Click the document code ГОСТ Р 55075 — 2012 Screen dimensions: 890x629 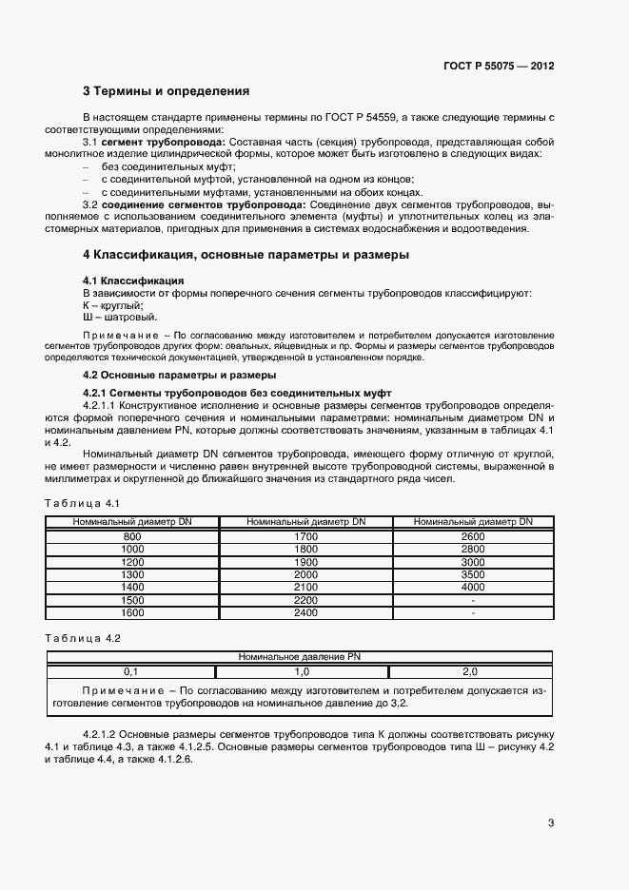(498, 67)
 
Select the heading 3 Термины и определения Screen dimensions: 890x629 (167, 92)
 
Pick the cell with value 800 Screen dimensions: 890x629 (132, 537)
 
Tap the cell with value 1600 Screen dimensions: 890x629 (132, 611)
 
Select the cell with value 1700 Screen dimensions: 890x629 (305, 537)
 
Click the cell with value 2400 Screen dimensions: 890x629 (305, 611)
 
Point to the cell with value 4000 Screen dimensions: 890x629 (473, 587)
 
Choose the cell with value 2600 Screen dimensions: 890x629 (473, 537)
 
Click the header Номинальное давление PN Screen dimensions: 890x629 (298, 657)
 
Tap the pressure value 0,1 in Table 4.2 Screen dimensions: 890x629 (131, 671)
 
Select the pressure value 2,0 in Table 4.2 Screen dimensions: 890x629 (469, 671)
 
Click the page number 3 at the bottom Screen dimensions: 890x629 (551, 822)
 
